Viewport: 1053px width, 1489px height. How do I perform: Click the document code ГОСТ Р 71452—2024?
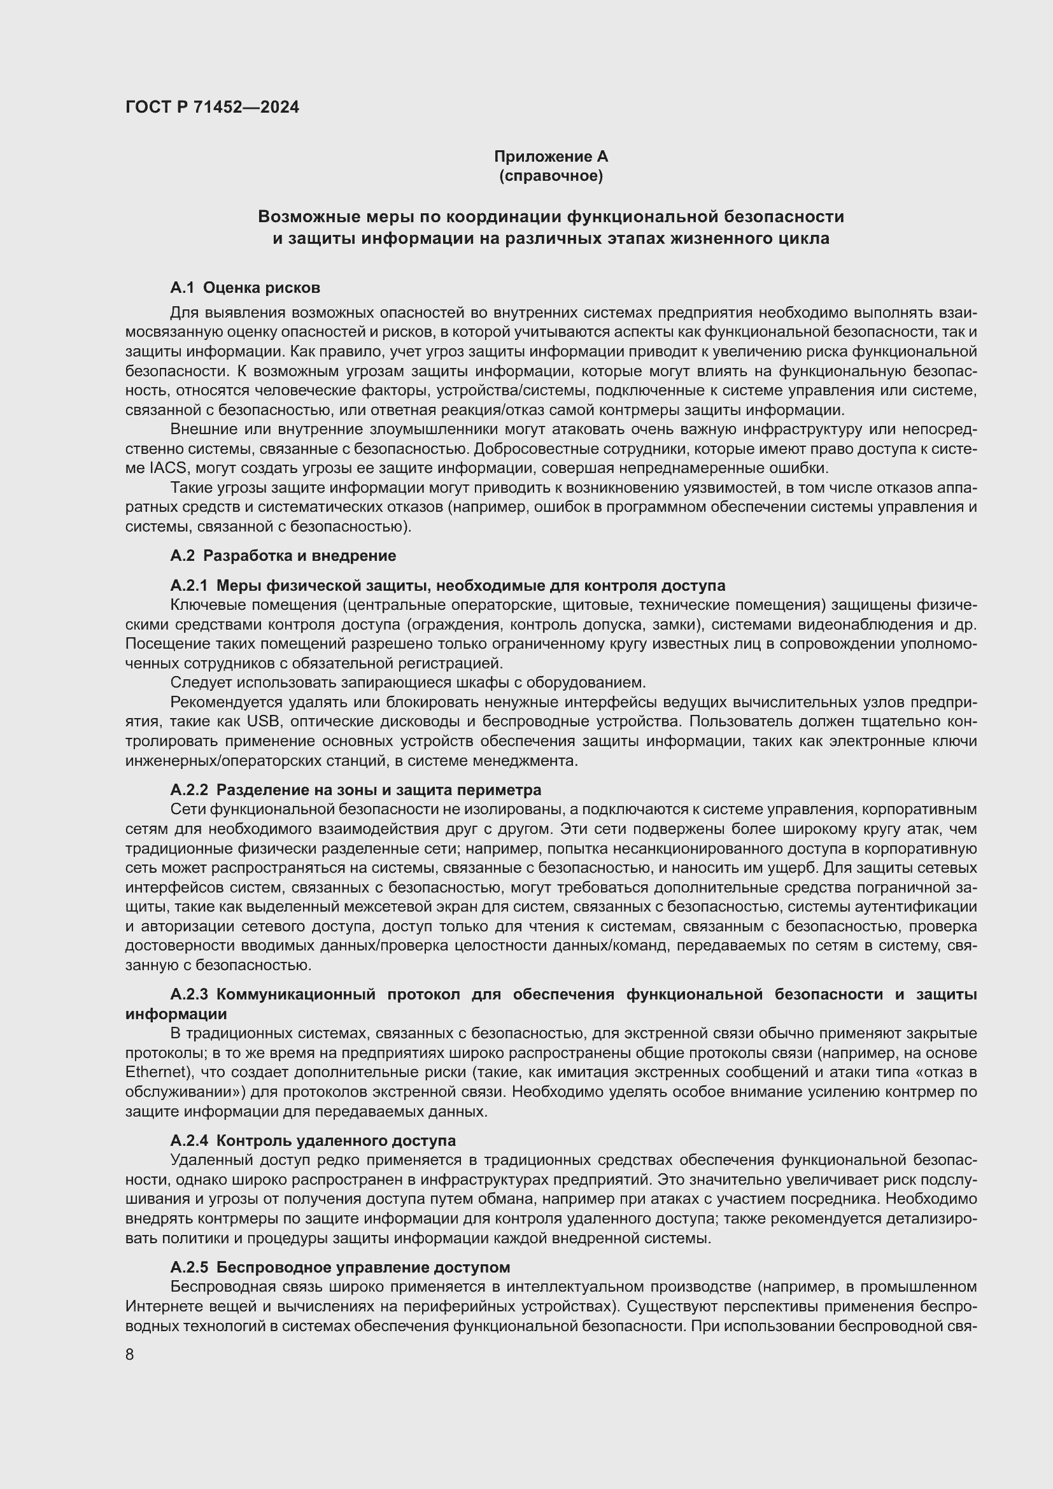click(212, 107)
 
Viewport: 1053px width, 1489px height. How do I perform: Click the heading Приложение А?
click(551, 157)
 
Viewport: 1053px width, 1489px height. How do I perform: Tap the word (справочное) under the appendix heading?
click(551, 176)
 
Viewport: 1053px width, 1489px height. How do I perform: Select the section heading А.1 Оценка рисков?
click(245, 287)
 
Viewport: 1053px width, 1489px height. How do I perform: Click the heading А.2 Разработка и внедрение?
click(283, 556)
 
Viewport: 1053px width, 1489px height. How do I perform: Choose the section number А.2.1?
click(188, 586)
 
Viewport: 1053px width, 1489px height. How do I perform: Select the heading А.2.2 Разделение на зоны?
click(355, 790)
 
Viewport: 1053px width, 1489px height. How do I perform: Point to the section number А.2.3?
click(189, 995)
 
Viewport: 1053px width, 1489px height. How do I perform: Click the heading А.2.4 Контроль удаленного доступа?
click(313, 1141)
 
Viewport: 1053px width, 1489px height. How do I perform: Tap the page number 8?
click(130, 1355)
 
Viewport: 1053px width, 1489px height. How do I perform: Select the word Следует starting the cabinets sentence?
click(201, 683)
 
